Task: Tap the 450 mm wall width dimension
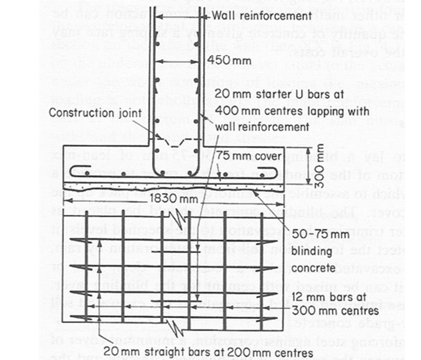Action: [229, 61]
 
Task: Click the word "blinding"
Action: [311, 251]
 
